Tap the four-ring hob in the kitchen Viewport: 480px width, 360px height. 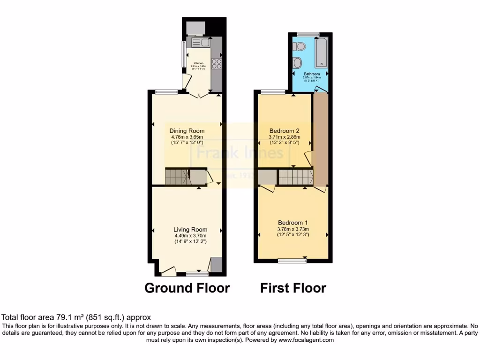point(217,63)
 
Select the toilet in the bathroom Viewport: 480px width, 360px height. point(299,46)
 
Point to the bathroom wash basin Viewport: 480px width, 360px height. point(298,63)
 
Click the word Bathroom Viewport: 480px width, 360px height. point(311,74)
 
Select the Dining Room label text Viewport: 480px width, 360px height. point(187,131)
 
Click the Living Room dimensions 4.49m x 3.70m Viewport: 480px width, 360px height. point(190,236)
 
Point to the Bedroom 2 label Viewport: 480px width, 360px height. point(284,131)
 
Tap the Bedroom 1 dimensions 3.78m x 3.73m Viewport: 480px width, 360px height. point(292,229)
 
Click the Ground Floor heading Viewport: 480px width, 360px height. point(187,287)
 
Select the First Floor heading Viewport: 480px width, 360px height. point(293,287)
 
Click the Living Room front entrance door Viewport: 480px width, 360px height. point(168,270)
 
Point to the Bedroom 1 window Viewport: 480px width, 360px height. point(291,259)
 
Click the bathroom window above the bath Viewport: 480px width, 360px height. point(308,34)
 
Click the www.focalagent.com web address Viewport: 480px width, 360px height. point(307,340)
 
